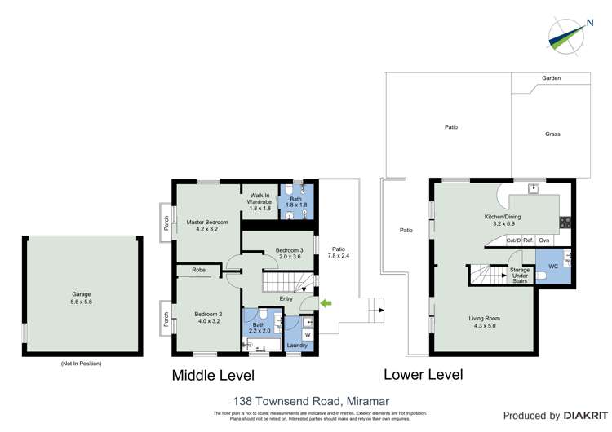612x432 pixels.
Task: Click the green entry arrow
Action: click(x=327, y=304)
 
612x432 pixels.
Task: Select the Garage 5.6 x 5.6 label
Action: click(x=80, y=297)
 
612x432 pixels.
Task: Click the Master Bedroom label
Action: click(x=206, y=226)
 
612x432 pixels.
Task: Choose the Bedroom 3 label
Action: click(x=289, y=253)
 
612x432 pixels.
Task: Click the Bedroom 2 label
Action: click(x=208, y=318)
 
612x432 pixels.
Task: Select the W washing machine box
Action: click(x=308, y=334)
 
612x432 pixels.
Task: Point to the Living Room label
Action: click(x=484, y=322)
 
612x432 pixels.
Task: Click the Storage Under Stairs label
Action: click(x=519, y=275)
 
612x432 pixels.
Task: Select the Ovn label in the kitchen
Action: click(x=544, y=240)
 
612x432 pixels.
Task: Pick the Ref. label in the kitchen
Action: click(x=528, y=240)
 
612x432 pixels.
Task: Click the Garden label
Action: click(x=551, y=78)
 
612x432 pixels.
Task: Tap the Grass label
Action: click(x=552, y=134)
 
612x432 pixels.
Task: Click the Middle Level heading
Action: click(x=212, y=376)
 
